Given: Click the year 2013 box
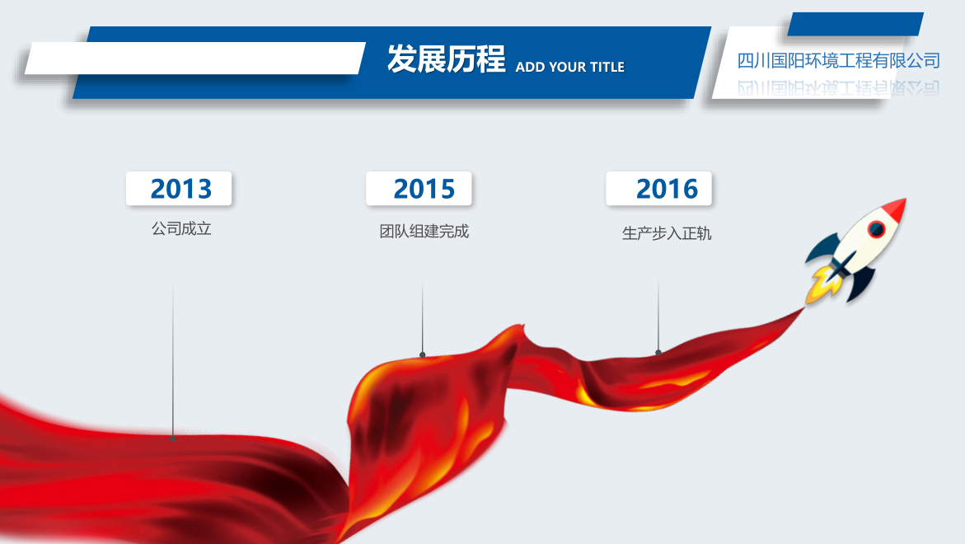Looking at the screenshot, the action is [x=179, y=188].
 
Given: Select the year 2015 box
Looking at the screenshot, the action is [x=419, y=188].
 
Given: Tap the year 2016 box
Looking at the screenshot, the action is [x=658, y=188].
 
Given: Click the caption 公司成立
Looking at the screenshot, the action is [x=181, y=229].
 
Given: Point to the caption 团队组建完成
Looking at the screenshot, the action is [x=424, y=232].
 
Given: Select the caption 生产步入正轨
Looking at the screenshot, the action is [x=667, y=234].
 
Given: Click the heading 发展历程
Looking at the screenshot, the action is [x=446, y=59].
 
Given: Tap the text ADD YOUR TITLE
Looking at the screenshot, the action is [x=570, y=67].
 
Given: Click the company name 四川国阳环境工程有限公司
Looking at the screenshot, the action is [x=838, y=60].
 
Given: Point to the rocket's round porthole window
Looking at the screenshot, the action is [x=876, y=229].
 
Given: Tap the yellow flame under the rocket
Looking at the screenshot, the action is [x=822, y=284].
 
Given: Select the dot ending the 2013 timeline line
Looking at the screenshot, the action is [x=173, y=438].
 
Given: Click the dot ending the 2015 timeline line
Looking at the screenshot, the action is [x=422, y=354].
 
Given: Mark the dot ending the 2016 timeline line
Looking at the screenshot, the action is [x=658, y=353].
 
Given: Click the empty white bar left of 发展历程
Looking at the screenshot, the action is [x=195, y=59].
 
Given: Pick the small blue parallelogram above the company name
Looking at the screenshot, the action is [x=855, y=24].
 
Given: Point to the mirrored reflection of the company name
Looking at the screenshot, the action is [x=838, y=87].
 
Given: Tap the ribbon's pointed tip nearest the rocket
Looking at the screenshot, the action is [x=803, y=308].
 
